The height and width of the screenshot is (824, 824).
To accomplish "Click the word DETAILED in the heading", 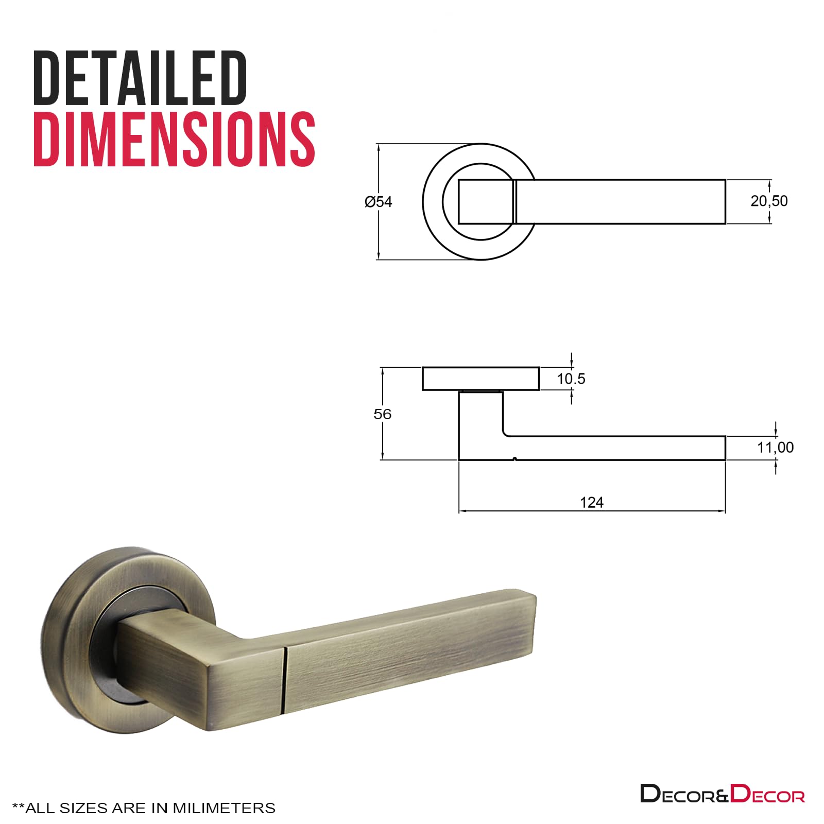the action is pos(140,78).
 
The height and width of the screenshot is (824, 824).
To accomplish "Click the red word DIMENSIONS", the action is pos(174,139).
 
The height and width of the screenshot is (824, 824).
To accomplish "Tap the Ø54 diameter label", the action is pos(379,202).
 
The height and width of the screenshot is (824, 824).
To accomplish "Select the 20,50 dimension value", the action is pos(769,201).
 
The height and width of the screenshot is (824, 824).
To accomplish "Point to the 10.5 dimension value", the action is pos(571,379).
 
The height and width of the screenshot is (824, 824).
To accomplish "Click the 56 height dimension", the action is pos(382,414).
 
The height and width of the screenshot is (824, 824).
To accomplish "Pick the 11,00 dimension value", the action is pos(775,448).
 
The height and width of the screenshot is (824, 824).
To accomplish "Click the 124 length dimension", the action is pos(592,502).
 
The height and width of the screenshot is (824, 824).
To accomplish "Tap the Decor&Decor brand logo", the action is pos(723,794).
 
